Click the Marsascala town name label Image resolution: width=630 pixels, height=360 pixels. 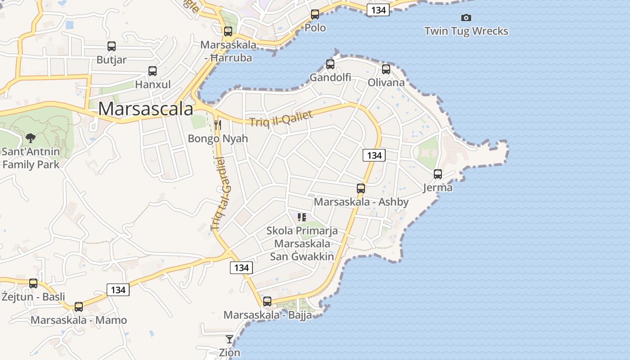pyautogui.click(x=146, y=109)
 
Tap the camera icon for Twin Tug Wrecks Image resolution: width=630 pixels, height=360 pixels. pyautogui.click(x=466, y=18)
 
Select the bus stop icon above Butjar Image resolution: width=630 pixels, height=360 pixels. pyautogui.click(x=112, y=46)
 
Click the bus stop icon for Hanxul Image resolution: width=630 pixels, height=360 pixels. pyautogui.click(x=153, y=71)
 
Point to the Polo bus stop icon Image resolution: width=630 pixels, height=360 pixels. pyautogui.click(x=315, y=14)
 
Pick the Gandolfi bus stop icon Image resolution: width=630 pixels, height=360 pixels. pyautogui.click(x=330, y=64)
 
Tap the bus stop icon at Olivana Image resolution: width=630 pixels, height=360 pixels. pyautogui.click(x=386, y=69)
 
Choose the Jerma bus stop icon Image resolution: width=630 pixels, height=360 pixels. pyautogui.click(x=438, y=174)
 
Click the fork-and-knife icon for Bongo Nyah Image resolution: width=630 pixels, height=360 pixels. pyautogui.click(x=218, y=125)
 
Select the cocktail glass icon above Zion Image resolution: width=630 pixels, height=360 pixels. pyautogui.click(x=229, y=339)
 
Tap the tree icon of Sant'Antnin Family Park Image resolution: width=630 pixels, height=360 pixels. pyautogui.click(x=31, y=138)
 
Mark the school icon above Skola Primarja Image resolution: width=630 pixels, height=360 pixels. pyautogui.click(x=302, y=217)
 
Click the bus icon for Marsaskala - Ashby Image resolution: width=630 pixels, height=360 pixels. pyautogui.click(x=361, y=189)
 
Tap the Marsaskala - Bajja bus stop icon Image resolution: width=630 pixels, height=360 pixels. pyautogui.click(x=267, y=301)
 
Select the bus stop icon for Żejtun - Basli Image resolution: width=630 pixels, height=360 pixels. pyautogui.click(x=33, y=283)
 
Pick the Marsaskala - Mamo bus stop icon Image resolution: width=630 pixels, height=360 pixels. pyautogui.click(x=79, y=307)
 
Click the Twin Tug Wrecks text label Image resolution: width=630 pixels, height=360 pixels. pyautogui.click(x=466, y=31)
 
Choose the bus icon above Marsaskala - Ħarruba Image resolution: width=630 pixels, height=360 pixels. pyautogui.click(x=228, y=31)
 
